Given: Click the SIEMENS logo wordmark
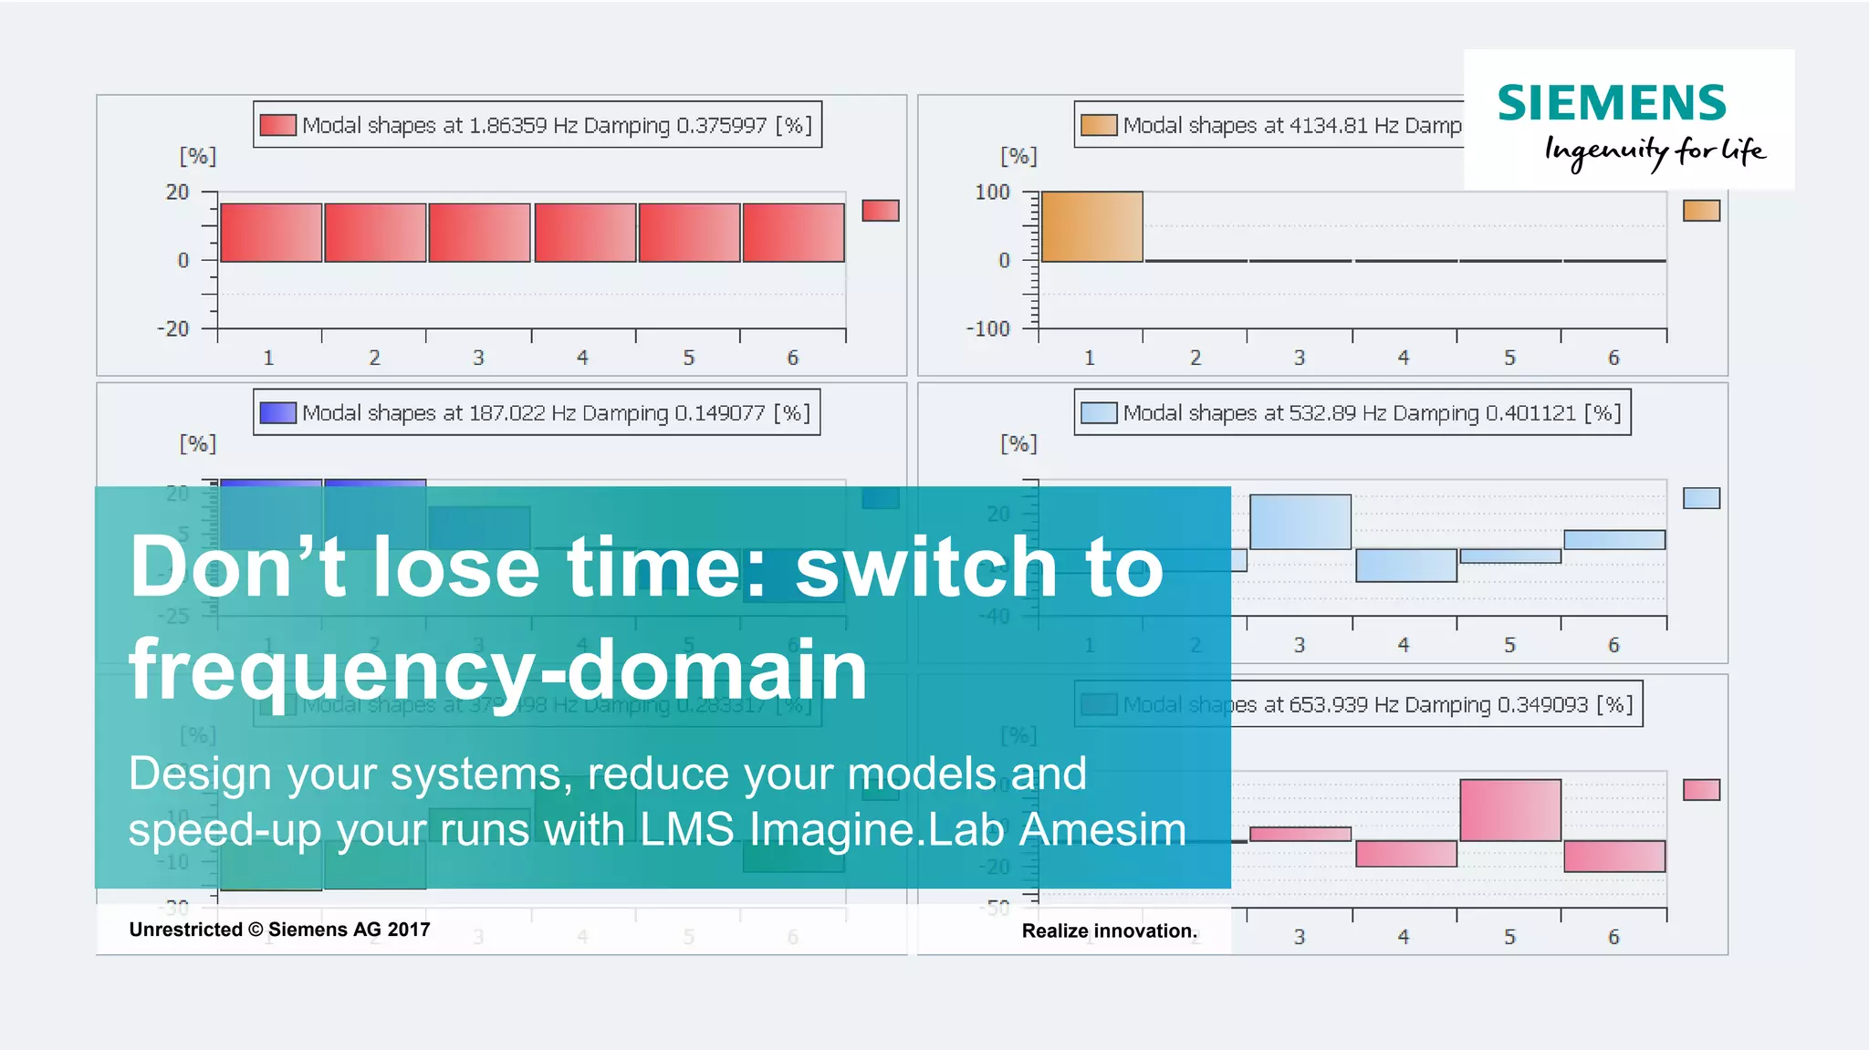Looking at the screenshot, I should pyautogui.click(x=1612, y=103).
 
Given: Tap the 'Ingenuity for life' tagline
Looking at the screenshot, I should pyautogui.click(x=1655, y=151).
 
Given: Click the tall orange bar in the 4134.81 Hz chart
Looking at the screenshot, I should pyautogui.click(x=1091, y=226).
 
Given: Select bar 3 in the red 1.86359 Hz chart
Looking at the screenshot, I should pyautogui.click(x=479, y=233).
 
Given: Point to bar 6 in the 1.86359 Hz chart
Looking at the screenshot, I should pyautogui.click(x=793, y=233).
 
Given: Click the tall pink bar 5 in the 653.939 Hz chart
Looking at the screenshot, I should pyautogui.click(x=1510, y=810).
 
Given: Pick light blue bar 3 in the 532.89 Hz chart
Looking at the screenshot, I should pyautogui.click(x=1300, y=522).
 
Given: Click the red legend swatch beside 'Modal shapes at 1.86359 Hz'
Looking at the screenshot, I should pyautogui.click(x=277, y=125).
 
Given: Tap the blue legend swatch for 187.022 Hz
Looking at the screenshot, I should pyautogui.click(x=277, y=413).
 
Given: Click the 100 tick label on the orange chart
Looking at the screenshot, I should pyautogui.click(x=992, y=192).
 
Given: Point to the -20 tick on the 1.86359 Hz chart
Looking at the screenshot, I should pyautogui.click(x=172, y=328).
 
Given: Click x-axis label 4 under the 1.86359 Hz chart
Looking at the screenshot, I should pyautogui.click(x=582, y=358).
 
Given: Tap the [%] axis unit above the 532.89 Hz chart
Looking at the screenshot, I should pyautogui.click(x=1018, y=443).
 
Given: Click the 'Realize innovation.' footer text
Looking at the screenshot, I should pyautogui.click(x=1109, y=930).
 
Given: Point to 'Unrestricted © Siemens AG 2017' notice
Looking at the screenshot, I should pyautogui.click(x=279, y=930).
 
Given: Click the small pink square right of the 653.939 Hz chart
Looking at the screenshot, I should pyautogui.click(x=1701, y=790).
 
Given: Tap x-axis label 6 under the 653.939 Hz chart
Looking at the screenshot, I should pyautogui.click(x=1613, y=937).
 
